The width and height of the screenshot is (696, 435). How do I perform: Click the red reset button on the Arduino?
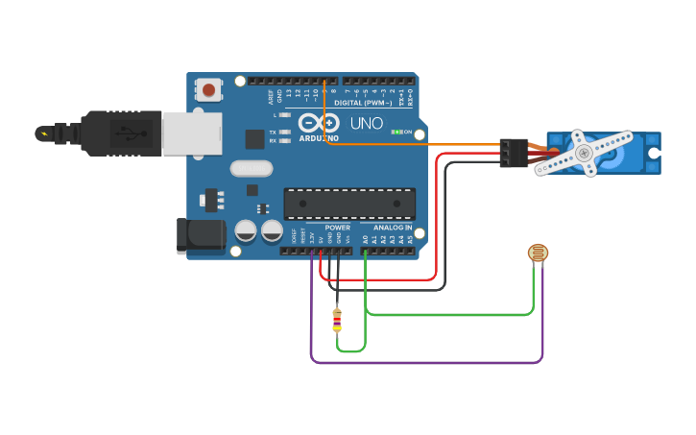coord(207,90)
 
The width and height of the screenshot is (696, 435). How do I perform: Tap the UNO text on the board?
coord(366,124)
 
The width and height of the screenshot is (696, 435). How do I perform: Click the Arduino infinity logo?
coord(320,124)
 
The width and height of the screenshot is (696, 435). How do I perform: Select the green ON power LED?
coord(396,132)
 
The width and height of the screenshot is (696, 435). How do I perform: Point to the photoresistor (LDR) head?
coord(539,254)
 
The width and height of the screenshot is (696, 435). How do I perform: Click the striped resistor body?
coord(336,319)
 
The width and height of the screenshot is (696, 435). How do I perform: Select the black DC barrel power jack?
coord(200,236)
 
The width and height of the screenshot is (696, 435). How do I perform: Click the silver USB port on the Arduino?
coord(192,133)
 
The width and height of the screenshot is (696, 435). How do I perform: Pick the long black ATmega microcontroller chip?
coord(349,204)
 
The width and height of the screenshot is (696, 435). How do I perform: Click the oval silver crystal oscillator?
coord(252,169)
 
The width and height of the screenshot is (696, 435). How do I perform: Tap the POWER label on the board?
coord(337,228)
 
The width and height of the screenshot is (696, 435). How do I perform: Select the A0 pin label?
coord(366,237)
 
